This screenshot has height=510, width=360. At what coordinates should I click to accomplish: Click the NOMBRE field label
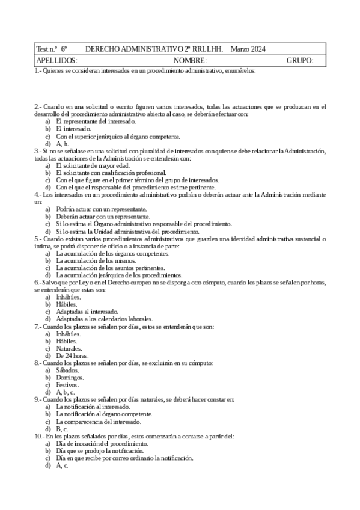[x=190, y=61]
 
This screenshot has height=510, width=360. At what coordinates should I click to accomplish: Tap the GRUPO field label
[x=300, y=61]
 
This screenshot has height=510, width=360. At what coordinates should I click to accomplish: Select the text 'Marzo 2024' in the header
[x=248, y=49]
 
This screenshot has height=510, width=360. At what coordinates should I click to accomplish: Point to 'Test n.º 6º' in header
[x=51, y=49]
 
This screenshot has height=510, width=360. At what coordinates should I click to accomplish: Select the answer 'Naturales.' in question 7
[x=69, y=348]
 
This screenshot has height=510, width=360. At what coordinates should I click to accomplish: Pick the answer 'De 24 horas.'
[x=72, y=355]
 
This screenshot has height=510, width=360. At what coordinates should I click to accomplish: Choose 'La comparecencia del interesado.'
[x=99, y=422]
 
